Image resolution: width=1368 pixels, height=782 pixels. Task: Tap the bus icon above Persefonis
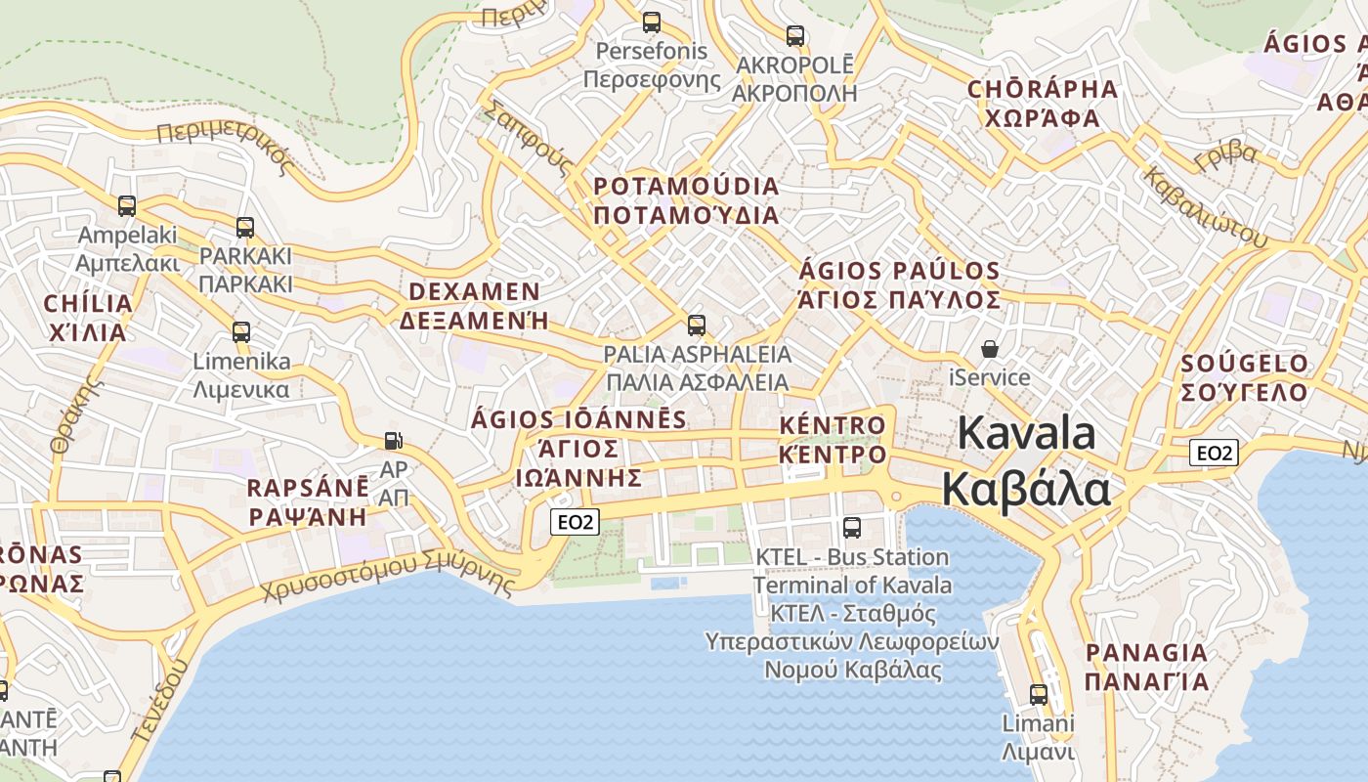pyautogui.click(x=651, y=22)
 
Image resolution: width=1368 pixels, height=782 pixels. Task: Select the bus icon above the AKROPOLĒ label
pyautogui.click(x=795, y=36)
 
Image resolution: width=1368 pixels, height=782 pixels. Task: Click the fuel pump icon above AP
pyautogui.click(x=393, y=441)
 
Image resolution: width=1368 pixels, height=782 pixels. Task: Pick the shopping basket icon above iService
pyautogui.click(x=990, y=349)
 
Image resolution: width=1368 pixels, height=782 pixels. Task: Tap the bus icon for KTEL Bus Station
pyautogui.click(x=852, y=528)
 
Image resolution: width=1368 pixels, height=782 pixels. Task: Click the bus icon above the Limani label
pyautogui.click(x=1039, y=695)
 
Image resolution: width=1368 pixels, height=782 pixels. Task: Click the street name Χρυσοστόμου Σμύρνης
pyautogui.click(x=388, y=576)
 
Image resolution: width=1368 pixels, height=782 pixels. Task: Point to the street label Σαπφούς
pyautogui.click(x=527, y=137)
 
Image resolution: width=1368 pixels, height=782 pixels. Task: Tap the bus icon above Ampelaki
pyautogui.click(x=127, y=206)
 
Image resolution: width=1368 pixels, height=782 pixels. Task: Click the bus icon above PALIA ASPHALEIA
pyautogui.click(x=697, y=326)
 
